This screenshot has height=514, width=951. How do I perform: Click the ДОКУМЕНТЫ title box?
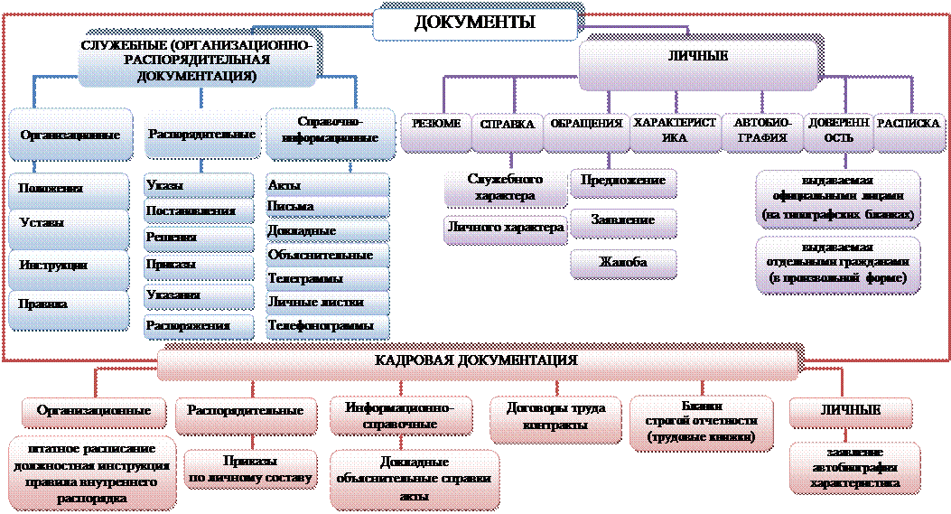click(475, 23)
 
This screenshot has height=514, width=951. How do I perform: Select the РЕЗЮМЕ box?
click(435, 132)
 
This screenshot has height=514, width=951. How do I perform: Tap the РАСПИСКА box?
click(909, 132)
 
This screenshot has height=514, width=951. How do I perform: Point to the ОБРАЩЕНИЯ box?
click(586, 132)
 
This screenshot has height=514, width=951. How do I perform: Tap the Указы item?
click(199, 186)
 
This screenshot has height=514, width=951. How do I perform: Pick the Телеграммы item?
click(328, 279)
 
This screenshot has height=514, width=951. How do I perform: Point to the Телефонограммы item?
click(328, 326)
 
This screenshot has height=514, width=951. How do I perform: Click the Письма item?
click(328, 207)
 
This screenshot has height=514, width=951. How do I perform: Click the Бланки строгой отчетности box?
click(702, 423)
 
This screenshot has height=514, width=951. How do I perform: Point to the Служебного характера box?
click(505, 188)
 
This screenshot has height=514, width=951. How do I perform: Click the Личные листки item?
click(328, 303)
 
